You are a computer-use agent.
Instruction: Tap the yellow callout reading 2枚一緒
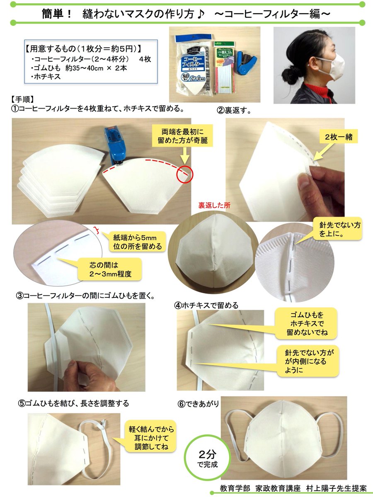click(x=339, y=137)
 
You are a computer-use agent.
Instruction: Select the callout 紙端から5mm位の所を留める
click(x=137, y=241)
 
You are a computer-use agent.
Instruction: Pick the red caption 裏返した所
click(x=214, y=205)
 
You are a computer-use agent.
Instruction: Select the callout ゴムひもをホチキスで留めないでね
click(x=306, y=323)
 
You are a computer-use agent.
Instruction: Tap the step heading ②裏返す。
click(x=234, y=111)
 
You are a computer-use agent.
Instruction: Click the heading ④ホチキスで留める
click(x=206, y=305)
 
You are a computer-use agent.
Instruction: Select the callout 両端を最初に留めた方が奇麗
click(x=182, y=136)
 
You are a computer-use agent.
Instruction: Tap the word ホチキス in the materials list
click(x=47, y=77)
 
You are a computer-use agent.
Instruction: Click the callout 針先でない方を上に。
click(x=337, y=229)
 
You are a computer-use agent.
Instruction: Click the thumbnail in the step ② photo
click(x=303, y=181)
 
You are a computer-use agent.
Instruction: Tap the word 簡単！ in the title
click(x=57, y=14)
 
